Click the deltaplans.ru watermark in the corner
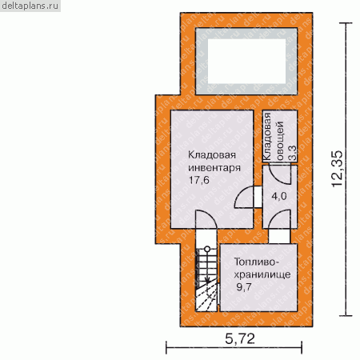click(30, 6)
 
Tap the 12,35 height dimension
click(338, 169)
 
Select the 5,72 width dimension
click(240, 338)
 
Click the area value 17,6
click(199, 180)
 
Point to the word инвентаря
click(214, 168)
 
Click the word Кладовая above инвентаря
click(212, 155)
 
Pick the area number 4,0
click(279, 197)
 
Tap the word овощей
click(280, 141)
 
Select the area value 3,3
click(293, 153)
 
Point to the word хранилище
click(262, 274)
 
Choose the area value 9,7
click(244, 287)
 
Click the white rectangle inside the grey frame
click(246, 61)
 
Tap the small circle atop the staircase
click(207, 249)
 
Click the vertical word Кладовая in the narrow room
click(267, 136)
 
